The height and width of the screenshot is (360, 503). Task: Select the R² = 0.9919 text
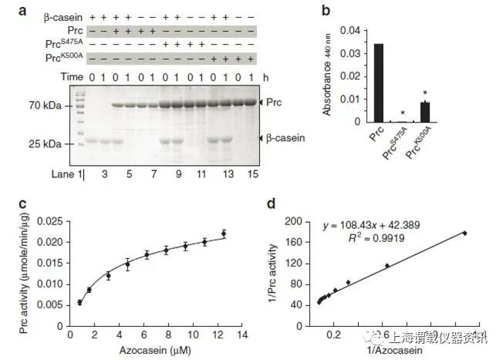(x=357, y=239)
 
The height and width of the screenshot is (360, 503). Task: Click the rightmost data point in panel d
(x=465, y=233)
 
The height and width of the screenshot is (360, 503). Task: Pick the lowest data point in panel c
(x=80, y=303)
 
